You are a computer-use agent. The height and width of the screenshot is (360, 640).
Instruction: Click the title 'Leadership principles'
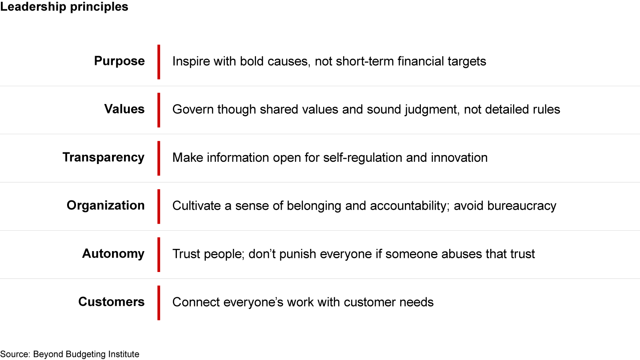[x=64, y=7]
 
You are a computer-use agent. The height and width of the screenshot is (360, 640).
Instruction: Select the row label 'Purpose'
[x=120, y=61]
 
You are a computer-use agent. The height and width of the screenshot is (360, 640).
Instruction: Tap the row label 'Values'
[x=124, y=109]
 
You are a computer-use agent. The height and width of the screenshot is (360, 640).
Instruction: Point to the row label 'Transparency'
[x=104, y=158]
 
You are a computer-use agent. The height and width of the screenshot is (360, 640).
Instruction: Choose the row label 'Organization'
[x=106, y=206]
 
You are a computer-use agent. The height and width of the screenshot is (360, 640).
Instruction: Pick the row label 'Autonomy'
[x=113, y=254]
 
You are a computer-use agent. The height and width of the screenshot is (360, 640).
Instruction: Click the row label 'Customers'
[x=112, y=302]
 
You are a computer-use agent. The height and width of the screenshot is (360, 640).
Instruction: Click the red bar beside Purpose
[x=159, y=62]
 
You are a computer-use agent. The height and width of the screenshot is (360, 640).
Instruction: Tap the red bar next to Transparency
[x=159, y=158]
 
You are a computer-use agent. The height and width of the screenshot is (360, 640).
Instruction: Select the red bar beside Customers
[x=159, y=303]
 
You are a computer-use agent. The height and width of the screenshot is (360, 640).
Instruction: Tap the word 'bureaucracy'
[x=522, y=206]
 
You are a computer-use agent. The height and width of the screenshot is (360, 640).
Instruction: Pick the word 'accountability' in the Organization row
[x=410, y=206]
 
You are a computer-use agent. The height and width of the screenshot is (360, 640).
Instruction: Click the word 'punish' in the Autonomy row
[x=297, y=254]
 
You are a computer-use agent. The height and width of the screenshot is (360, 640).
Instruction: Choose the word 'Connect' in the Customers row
[x=196, y=302]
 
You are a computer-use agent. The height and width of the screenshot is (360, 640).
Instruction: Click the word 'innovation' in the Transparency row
[x=459, y=158]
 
